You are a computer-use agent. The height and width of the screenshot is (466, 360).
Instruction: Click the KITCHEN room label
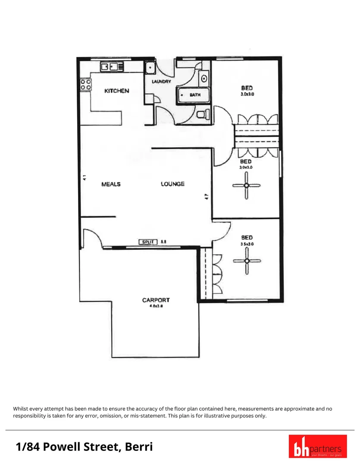(x=116, y=91)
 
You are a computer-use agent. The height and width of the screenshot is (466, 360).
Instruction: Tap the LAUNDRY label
(x=161, y=82)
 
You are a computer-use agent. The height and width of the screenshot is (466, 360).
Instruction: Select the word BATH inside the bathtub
(x=195, y=95)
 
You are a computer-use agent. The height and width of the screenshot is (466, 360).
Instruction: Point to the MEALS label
(x=111, y=184)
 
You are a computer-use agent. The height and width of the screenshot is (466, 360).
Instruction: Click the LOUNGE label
(x=172, y=184)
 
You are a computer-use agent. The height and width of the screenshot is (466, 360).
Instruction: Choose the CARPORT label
(x=156, y=300)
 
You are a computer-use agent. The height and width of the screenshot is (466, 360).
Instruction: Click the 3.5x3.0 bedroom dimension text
(x=247, y=244)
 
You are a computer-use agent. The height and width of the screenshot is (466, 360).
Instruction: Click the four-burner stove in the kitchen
(x=85, y=84)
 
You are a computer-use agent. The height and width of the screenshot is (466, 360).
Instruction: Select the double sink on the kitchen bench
(x=112, y=67)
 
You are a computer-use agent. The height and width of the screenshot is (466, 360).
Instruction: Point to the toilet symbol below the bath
(x=203, y=114)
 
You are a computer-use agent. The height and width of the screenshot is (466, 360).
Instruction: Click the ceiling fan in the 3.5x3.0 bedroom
(x=247, y=261)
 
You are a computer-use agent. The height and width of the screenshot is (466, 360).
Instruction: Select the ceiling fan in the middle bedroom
(x=247, y=185)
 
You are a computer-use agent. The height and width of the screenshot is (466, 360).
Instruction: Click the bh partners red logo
(x=315, y=446)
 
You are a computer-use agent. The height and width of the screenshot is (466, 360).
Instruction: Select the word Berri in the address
(x=138, y=447)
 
